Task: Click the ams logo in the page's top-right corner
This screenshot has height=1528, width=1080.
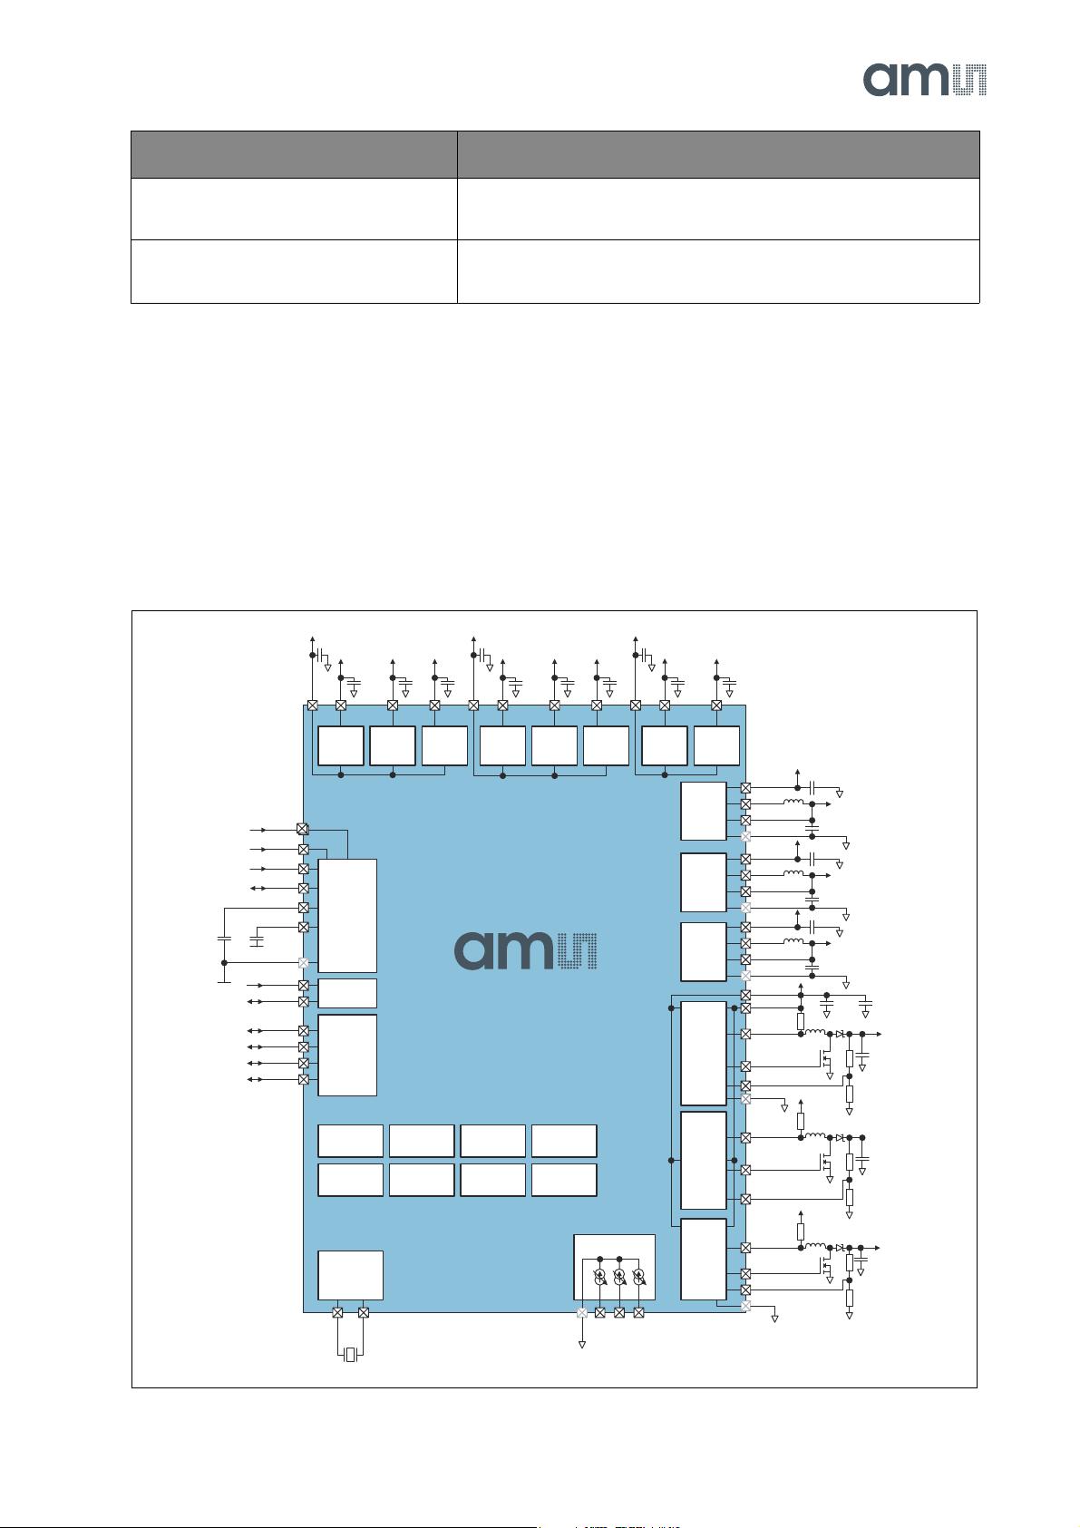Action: point(924,79)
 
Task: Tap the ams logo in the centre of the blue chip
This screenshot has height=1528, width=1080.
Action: point(525,950)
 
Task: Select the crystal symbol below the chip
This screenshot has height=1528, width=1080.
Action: point(351,1356)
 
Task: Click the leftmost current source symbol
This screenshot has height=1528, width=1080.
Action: point(599,1276)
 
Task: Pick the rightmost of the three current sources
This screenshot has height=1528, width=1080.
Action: point(639,1276)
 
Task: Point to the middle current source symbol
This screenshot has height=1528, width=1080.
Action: point(619,1276)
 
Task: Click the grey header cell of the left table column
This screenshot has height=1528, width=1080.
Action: point(294,154)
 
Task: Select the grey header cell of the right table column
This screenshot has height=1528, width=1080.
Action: point(717,154)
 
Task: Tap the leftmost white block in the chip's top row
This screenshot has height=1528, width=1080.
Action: point(341,745)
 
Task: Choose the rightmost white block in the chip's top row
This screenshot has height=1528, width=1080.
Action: point(716,745)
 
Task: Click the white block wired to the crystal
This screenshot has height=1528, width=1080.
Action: point(350,1275)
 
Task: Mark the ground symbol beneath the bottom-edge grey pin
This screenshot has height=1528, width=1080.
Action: point(582,1344)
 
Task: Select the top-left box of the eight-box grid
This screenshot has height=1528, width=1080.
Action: point(350,1141)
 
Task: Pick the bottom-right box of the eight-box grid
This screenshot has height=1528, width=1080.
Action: point(564,1180)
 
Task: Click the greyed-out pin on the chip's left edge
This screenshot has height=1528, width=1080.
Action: point(304,963)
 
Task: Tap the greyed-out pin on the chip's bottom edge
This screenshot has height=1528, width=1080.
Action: point(582,1312)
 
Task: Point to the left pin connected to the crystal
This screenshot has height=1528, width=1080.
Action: point(337,1312)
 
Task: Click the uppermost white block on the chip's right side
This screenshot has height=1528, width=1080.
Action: point(704,812)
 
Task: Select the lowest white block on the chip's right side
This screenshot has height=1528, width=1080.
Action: point(704,1259)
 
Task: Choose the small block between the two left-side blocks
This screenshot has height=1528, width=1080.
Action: point(347,993)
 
